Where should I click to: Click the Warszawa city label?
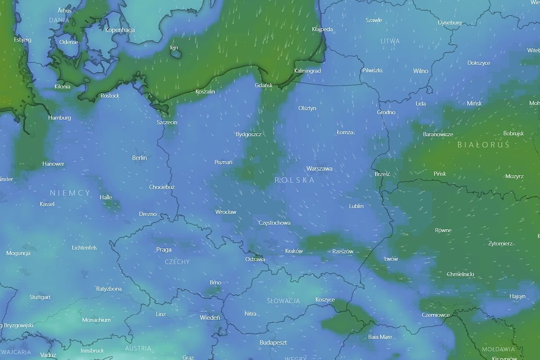[319, 169]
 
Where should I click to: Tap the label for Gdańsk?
[264, 85]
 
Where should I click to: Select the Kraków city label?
[294, 251]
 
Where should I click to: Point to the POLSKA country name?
[295, 180]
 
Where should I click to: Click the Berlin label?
[139, 158]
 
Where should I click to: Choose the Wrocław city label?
[226, 212]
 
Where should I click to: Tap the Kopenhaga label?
[120, 30]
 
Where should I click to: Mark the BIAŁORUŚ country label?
[483, 145]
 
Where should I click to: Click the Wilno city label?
[420, 71]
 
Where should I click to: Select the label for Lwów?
[391, 259]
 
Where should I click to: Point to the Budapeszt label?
[273, 343]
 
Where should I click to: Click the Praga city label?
[164, 250]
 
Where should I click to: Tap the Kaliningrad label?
[307, 71]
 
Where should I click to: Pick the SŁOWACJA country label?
[283, 301]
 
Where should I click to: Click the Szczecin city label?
[167, 122]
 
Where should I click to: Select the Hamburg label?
[59, 118]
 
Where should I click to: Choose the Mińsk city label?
[474, 103]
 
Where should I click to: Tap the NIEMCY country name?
[70, 193]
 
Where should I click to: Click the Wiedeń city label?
[210, 318]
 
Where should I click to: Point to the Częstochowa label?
[274, 223]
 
